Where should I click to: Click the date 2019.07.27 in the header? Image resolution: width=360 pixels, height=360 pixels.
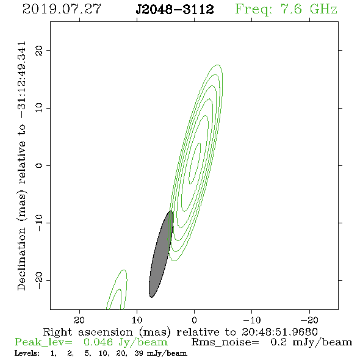pos(62,9)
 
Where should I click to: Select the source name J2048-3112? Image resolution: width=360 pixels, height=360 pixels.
pos(175,9)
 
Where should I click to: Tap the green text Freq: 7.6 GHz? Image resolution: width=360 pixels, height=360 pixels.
pos(286,9)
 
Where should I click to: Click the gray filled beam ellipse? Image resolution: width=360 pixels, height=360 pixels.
pos(161,254)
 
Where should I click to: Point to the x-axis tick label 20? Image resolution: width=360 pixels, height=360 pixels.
pos(79,320)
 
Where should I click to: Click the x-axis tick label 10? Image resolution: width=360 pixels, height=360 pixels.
pos(137,320)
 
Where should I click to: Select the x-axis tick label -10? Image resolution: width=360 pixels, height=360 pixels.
pos(252,320)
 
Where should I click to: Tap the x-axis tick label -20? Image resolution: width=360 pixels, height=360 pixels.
pos(309,320)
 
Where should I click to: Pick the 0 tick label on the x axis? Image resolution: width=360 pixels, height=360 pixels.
pos(195,320)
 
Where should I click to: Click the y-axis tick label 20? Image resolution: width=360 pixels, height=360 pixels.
pos(39,50)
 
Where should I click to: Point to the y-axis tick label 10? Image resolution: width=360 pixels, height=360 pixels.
pos(39,108)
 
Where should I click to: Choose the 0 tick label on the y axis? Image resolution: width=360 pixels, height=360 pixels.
pos(39,165)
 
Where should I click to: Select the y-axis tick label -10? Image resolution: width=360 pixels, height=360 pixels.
pos(39,223)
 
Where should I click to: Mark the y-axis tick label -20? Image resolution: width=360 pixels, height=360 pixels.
pos(39,280)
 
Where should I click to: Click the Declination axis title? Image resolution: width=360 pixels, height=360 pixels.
pos(21,166)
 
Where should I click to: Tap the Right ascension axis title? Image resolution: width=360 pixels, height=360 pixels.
pos(180,332)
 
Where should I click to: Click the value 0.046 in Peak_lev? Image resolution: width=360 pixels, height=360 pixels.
pos(98,342)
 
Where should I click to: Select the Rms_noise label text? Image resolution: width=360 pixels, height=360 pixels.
pos(225,342)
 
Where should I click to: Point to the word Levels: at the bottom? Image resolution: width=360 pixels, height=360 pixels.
pos(27,353)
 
